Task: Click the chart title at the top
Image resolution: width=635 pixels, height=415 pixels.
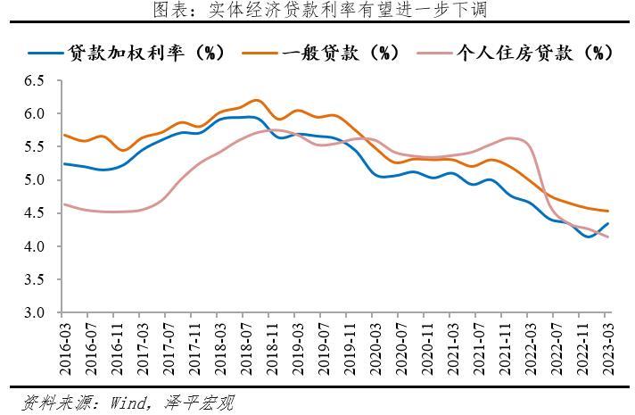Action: pyautogui.click(x=317, y=11)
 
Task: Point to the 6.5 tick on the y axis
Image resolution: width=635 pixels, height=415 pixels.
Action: pyautogui.click(x=33, y=81)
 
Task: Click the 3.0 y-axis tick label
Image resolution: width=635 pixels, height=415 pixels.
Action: pyautogui.click(x=33, y=313)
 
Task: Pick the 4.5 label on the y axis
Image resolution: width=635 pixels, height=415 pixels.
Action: pyautogui.click(x=33, y=213)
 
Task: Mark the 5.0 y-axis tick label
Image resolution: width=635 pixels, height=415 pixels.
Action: pyautogui.click(x=33, y=180)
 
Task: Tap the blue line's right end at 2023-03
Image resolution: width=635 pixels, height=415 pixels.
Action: pyautogui.click(x=607, y=224)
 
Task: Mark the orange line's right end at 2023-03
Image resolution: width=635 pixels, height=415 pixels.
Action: pyautogui.click(x=607, y=212)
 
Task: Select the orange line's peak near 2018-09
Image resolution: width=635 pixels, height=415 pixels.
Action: pyautogui.click(x=255, y=100)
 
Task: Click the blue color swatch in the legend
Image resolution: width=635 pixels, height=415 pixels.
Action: pyautogui.click(x=45, y=53)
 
